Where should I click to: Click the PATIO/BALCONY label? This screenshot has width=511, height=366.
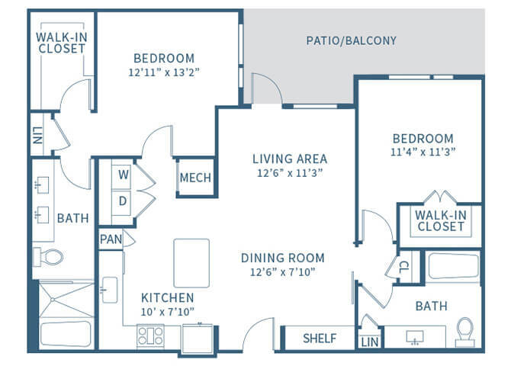click(x=352, y=40)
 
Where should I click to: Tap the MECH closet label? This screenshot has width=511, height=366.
click(x=195, y=178)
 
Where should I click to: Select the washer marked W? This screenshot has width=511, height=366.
click(x=123, y=175)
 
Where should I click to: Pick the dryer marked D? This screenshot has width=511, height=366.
click(x=123, y=201)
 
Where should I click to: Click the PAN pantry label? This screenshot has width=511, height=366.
click(x=111, y=239)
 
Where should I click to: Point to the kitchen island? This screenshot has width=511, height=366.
click(x=191, y=263)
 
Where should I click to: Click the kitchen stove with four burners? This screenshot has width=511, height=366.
click(x=150, y=335)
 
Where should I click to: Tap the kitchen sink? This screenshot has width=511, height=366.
click(x=110, y=290)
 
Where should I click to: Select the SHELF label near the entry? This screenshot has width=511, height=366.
click(x=320, y=339)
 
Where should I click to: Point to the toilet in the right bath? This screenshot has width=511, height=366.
click(x=465, y=332)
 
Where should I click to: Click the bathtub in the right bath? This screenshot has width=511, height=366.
click(x=454, y=266)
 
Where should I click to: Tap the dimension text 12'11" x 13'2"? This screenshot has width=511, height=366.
click(x=164, y=72)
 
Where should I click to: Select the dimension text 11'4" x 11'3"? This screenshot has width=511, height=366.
click(x=423, y=152)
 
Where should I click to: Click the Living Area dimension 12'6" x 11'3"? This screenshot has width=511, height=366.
click(x=290, y=173)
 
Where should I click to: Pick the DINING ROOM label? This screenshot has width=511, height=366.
click(x=282, y=258)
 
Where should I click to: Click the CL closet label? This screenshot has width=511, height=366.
click(x=404, y=267)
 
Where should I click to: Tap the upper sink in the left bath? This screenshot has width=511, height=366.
click(x=42, y=185)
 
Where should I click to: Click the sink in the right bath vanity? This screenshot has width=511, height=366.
click(x=415, y=337)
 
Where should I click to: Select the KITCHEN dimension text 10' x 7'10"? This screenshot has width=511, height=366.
click(x=168, y=312)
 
